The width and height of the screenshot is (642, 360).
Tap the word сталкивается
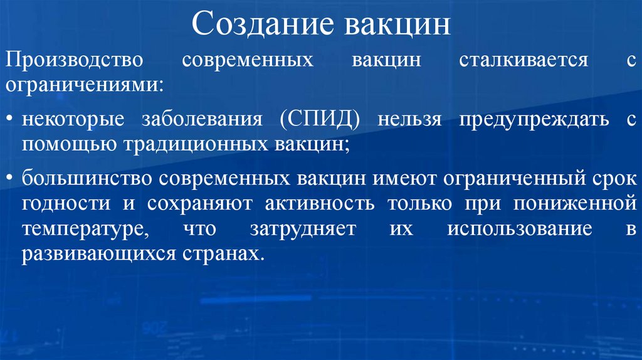tap(524, 61)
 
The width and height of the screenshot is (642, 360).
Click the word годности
tap(62, 203)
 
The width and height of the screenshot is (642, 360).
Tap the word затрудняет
tap(303, 229)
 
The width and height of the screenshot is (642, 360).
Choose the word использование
tap(520, 229)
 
